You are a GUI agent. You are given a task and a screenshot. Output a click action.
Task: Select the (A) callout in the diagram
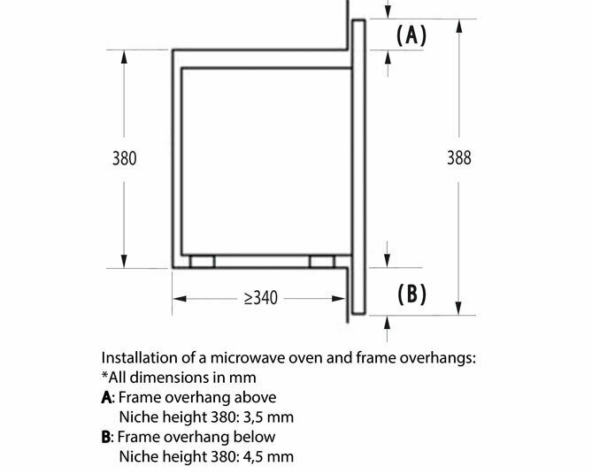point(412,36)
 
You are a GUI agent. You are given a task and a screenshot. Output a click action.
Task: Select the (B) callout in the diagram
point(412,294)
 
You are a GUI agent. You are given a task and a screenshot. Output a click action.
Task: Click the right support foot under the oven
point(321,262)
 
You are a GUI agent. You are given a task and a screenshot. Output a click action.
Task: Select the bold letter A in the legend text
point(107,397)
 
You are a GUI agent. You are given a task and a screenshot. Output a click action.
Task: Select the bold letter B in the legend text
point(107,437)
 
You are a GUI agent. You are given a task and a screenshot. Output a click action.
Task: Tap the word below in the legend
point(255,437)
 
